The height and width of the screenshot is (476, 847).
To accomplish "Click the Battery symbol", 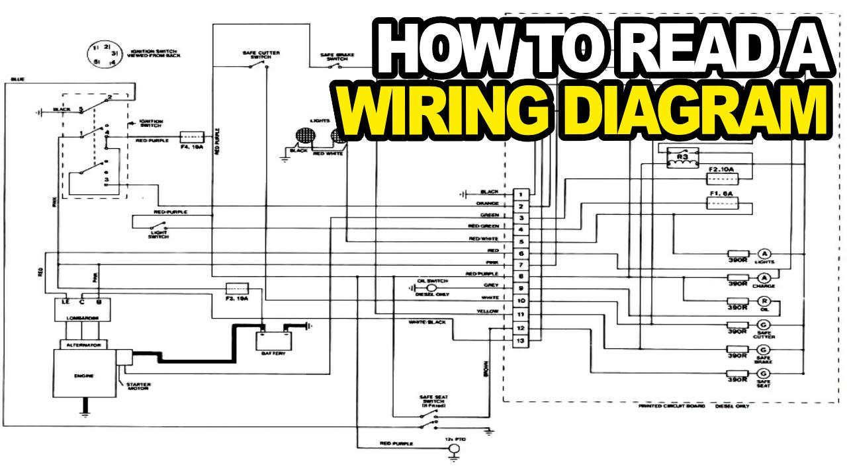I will point(273,338).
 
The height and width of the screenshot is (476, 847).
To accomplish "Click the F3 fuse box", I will point(237,288).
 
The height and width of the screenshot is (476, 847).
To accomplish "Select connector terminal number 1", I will point(521,194).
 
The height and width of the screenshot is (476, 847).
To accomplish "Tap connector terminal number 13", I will point(521,340).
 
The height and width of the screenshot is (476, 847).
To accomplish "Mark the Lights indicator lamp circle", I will point(764,255).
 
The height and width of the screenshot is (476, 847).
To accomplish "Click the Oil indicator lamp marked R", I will point(764,303).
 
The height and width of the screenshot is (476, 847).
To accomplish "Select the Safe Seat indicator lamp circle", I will point(764,374).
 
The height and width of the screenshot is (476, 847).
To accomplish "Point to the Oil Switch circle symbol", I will point(431,288).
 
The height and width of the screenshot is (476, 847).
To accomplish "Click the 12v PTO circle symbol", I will point(454,449).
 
